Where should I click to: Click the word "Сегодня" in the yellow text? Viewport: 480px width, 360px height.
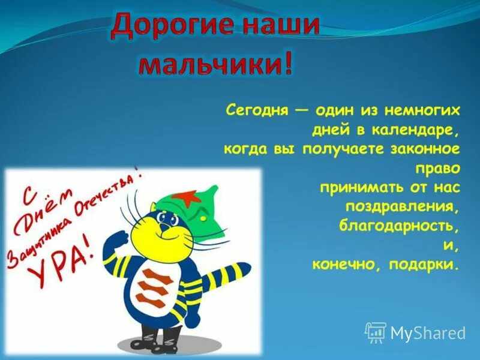click(254, 110)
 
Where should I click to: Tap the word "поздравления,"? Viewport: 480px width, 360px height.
click(403, 206)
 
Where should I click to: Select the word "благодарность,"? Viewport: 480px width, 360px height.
click(400, 226)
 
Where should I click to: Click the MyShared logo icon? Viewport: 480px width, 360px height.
click(375, 332)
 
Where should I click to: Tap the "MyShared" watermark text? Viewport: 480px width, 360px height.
click(428, 333)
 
